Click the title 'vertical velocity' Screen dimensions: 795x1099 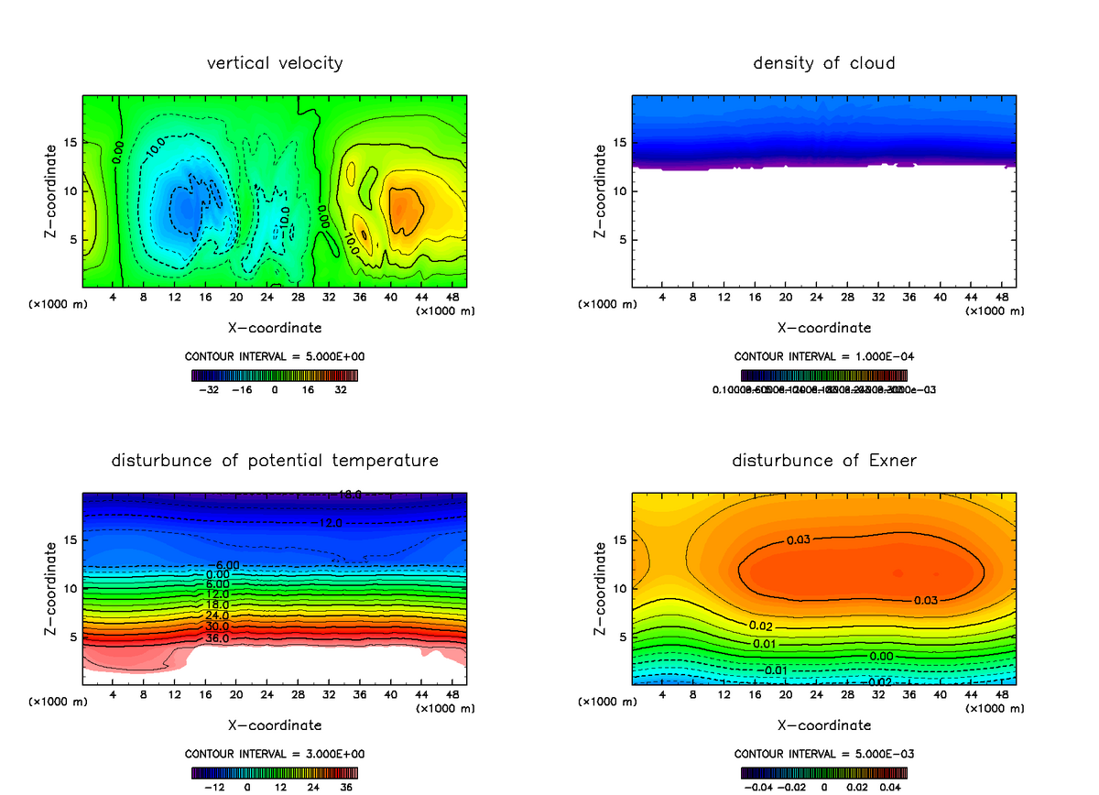(275, 63)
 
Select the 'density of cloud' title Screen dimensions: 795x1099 (824, 63)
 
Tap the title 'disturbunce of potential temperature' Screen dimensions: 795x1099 (275, 460)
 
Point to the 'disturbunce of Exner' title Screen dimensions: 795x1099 (824, 460)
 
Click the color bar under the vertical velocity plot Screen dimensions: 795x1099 (275, 375)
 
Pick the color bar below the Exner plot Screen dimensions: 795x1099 (824, 772)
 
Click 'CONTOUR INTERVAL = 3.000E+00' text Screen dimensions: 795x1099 (275, 754)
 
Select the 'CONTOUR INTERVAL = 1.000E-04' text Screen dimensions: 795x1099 (824, 356)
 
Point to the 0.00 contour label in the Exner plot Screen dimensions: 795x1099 (881, 657)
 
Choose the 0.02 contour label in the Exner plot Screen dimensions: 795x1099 (762, 626)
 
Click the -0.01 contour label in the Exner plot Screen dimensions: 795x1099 (775, 670)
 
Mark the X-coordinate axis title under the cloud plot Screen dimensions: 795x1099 (824, 327)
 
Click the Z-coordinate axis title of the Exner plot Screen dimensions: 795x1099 (601, 589)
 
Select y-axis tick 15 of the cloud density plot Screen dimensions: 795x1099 (622, 142)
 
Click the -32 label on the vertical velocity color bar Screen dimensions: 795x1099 (212, 389)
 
